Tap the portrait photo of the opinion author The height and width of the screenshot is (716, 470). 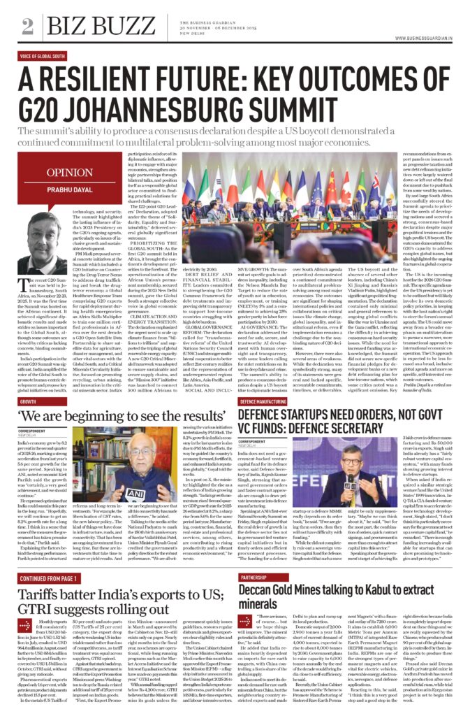[x=41, y=245]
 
